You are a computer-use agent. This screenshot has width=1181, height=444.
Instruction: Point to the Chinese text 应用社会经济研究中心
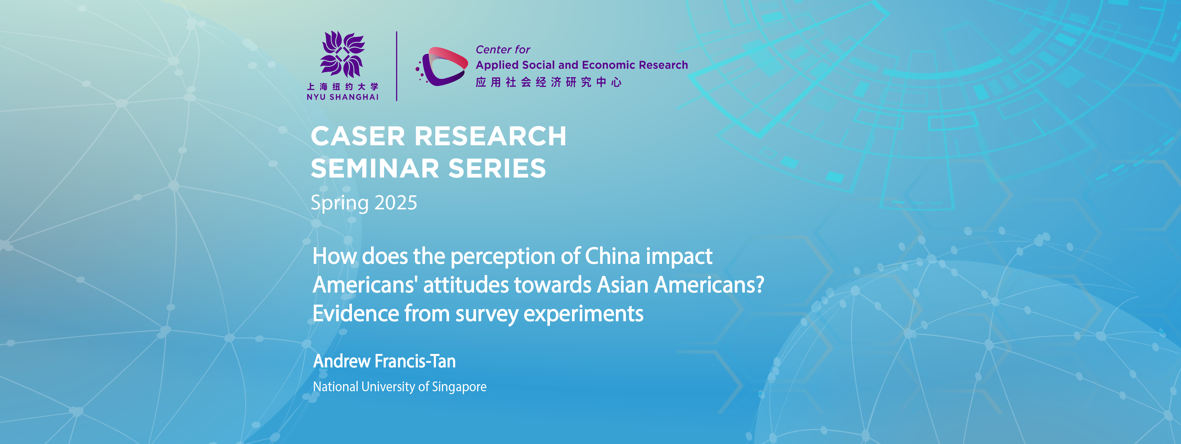548,82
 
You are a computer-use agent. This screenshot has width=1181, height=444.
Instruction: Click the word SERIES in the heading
498,168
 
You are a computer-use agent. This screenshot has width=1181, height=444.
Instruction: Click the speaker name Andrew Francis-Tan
384,361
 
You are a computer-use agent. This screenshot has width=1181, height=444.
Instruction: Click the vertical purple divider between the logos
397,66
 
